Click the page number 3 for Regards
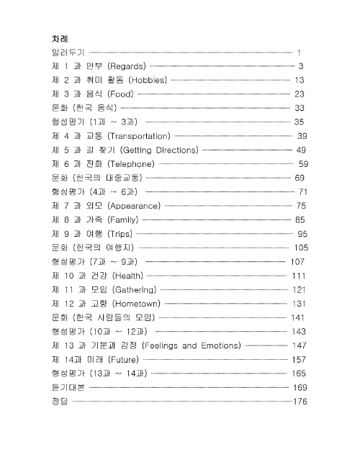pos(301,66)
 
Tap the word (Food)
pos(119,94)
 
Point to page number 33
pos(300,107)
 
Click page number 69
pos(300,177)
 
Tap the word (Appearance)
pos(134,205)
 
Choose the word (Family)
pos(122,219)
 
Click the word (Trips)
pos(118,233)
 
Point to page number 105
pos(300,247)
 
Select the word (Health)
pos(125,275)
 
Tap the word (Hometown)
pos(135,303)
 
